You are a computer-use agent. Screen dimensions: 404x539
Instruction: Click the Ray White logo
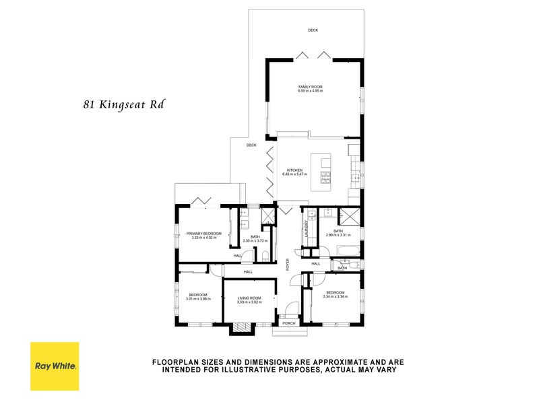54,366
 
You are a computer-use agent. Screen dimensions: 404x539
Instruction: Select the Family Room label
312,87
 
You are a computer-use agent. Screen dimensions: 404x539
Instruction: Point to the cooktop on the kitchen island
325,178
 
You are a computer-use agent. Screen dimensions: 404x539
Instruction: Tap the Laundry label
306,231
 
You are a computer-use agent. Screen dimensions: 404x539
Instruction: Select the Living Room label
249,298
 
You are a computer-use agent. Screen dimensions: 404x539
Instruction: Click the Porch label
288,323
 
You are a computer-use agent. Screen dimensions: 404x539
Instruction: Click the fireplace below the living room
241,329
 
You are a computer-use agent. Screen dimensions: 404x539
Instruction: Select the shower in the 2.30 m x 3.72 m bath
267,215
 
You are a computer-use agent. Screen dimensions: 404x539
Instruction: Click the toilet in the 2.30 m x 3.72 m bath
265,255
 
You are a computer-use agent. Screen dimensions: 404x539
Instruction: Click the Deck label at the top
313,30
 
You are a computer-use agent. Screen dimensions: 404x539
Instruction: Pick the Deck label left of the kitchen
251,145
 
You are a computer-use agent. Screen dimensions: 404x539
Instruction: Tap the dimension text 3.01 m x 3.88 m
198,299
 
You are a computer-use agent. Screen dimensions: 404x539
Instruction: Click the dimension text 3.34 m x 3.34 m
335,296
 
